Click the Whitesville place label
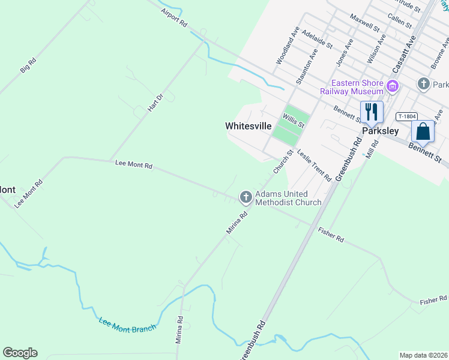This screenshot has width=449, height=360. (248, 126)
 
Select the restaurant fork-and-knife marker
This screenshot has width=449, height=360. (372, 112)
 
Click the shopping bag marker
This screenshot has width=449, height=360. (423, 131)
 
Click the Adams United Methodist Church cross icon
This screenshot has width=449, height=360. (246, 197)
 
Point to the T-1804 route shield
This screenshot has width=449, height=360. (406, 116)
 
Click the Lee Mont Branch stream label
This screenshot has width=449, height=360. (127, 325)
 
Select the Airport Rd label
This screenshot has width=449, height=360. (174, 17)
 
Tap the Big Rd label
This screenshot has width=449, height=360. (28, 65)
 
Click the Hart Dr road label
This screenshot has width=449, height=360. (155, 103)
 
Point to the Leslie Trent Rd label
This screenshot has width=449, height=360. (314, 166)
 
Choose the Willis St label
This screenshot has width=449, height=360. (294, 120)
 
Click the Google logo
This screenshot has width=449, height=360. (20, 353)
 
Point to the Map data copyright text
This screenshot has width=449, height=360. (423, 355)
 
